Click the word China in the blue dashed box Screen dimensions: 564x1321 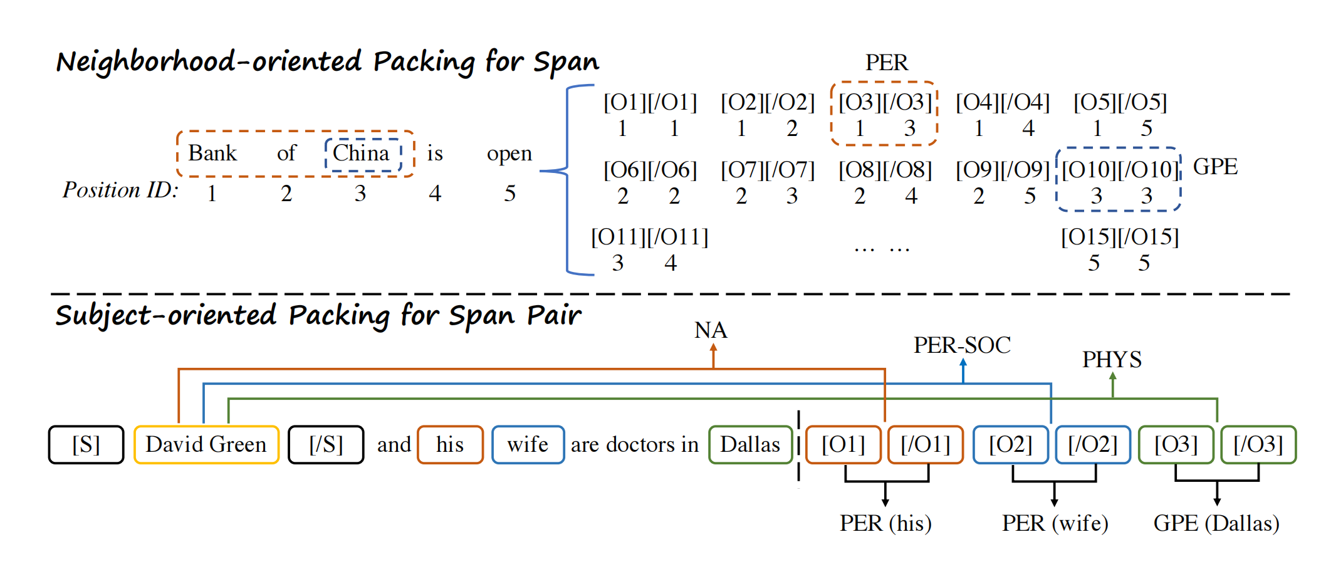(x=361, y=154)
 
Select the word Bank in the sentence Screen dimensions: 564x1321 (x=212, y=154)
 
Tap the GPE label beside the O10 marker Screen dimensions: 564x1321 (x=1215, y=167)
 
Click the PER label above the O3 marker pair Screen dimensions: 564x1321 (x=886, y=63)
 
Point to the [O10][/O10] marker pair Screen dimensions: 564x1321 (x=1120, y=170)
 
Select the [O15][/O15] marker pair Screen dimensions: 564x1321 (x=1120, y=237)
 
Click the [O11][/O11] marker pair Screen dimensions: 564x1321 (x=650, y=237)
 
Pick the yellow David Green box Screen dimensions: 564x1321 (x=206, y=445)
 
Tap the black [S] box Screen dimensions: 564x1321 (x=86, y=445)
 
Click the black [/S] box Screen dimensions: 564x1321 (x=326, y=445)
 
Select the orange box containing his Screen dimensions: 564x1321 (x=450, y=445)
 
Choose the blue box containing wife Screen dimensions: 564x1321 (x=528, y=445)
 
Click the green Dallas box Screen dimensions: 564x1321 (x=750, y=445)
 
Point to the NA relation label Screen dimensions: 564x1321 (x=711, y=330)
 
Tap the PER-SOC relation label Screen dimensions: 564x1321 (x=962, y=345)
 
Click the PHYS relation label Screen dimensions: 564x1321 (x=1112, y=360)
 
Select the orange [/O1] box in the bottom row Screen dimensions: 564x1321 (x=926, y=445)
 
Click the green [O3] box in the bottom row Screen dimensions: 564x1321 (x=1176, y=445)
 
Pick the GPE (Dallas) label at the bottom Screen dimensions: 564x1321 (x=1216, y=523)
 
